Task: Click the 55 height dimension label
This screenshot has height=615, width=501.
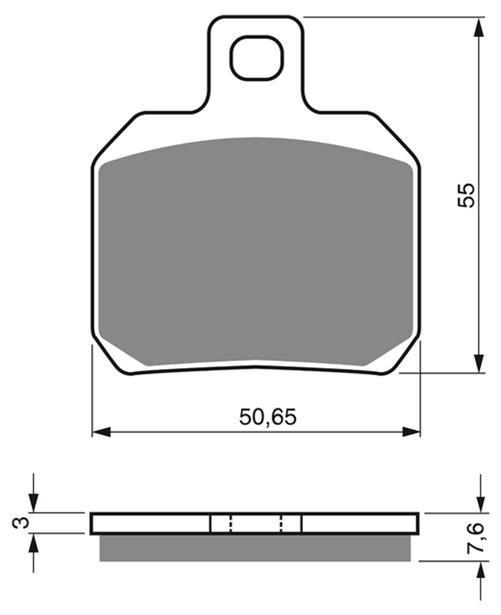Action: [x=465, y=195]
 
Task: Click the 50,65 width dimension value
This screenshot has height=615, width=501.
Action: [x=268, y=417]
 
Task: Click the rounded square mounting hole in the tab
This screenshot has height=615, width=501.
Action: [x=257, y=58]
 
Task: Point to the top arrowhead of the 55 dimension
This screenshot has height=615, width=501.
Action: [x=478, y=28]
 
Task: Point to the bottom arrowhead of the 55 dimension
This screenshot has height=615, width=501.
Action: [x=478, y=363]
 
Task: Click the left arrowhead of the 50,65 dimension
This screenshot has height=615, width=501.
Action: [x=101, y=431]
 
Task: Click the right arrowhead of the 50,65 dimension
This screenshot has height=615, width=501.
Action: [x=411, y=431]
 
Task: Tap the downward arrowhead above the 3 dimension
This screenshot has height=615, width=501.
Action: [x=33, y=503]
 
